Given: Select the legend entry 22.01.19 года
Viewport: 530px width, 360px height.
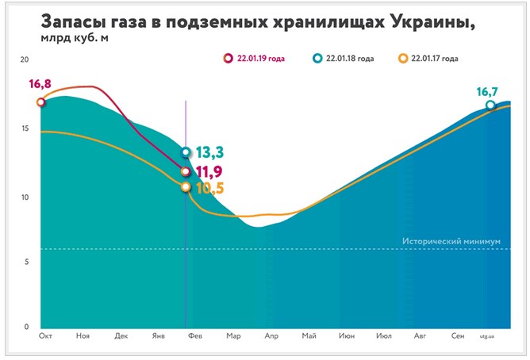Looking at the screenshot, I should point(259,58).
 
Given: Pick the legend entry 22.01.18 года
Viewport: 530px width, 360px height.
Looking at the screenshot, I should point(348,58).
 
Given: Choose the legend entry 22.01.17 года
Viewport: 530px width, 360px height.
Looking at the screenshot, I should point(433,58).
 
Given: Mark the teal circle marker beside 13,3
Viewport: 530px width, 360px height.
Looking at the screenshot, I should point(186,152).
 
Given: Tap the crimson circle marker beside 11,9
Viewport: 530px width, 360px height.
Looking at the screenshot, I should point(186,171).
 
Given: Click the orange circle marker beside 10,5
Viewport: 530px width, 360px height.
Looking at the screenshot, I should point(186,187).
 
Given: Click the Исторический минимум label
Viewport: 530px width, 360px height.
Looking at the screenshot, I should point(451,240).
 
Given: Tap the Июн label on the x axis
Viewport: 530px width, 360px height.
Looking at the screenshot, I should point(347,337).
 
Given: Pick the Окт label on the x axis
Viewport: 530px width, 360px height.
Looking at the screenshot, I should point(45,337).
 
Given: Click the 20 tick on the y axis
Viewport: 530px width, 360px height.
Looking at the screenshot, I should point(25,60).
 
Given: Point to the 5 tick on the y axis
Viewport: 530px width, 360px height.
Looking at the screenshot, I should point(26,261).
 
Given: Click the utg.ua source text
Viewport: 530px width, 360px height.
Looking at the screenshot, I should point(486,337).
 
